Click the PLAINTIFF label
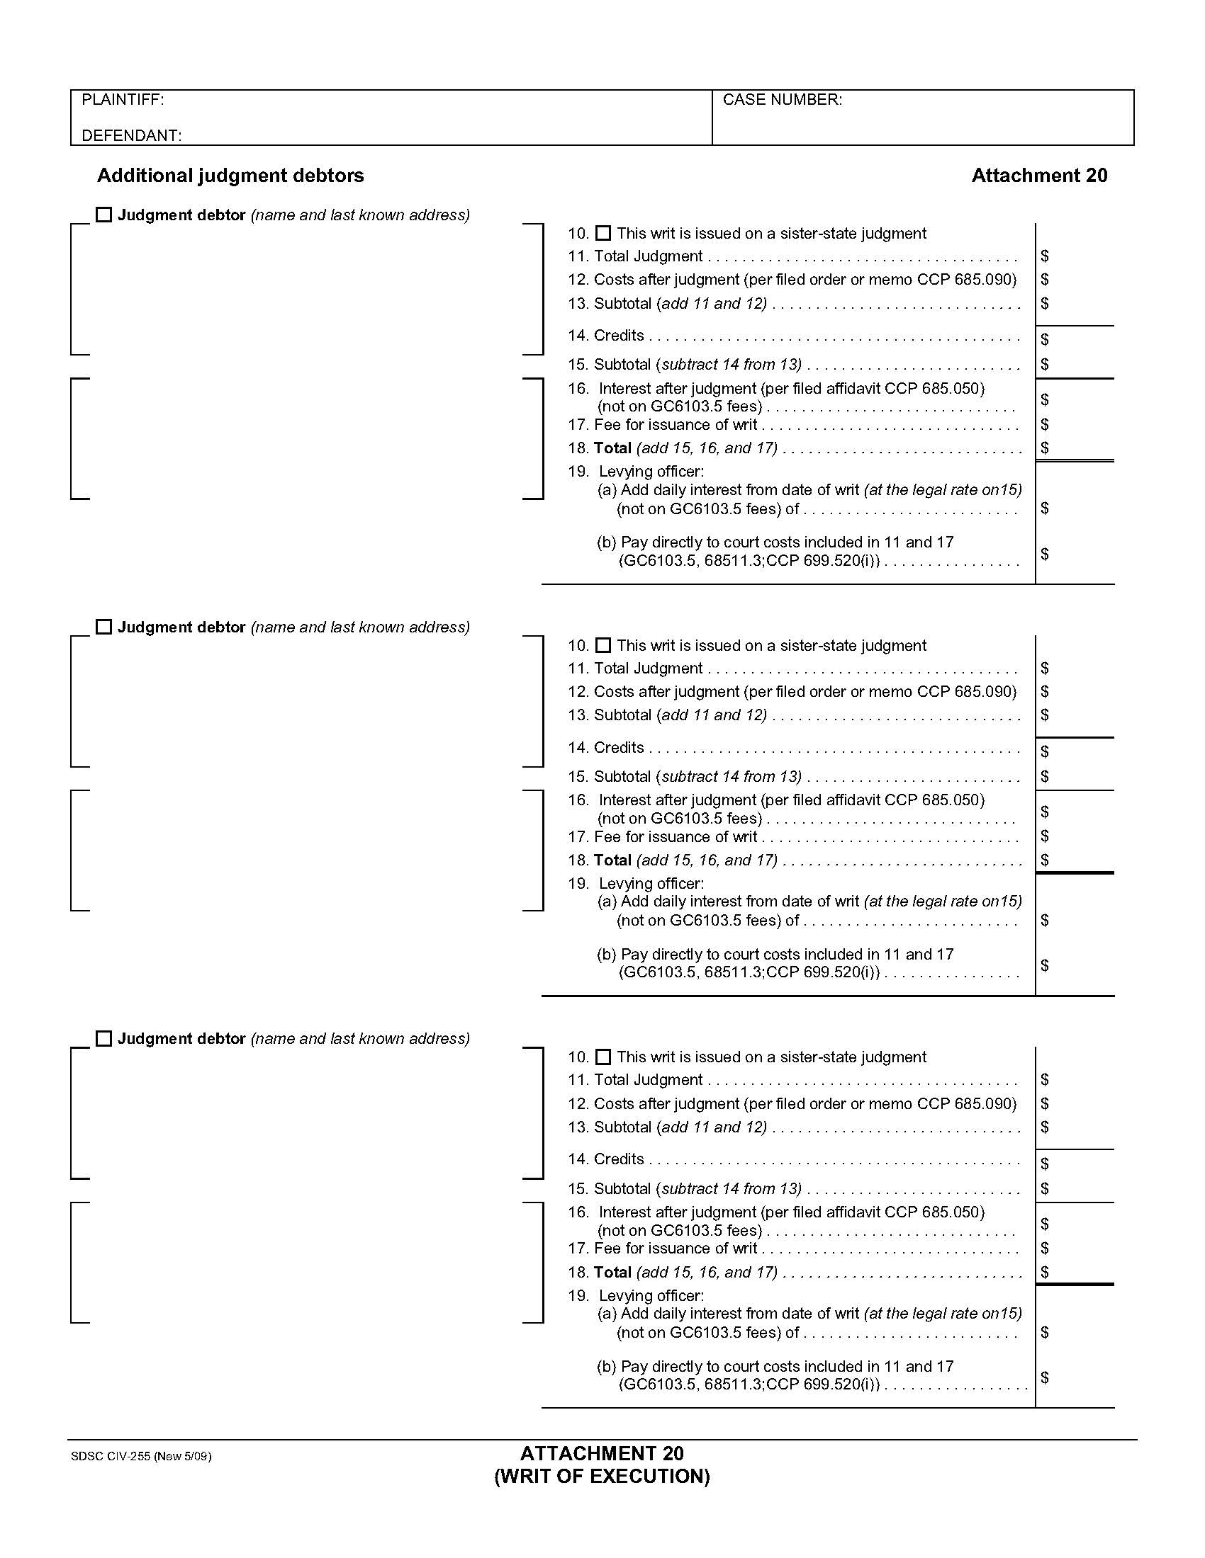click(x=123, y=100)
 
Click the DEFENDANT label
click(x=131, y=135)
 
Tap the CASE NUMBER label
click(x=782, y=100)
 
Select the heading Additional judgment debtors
click(x=230, y=176)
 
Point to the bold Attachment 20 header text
click(x=1038, y=176)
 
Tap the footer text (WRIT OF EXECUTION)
click(x=602, y=1476)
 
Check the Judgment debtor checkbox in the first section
click(x=104, y=215)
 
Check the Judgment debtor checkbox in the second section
click(x=104, y=627)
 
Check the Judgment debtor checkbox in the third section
click(x=104, y=1039)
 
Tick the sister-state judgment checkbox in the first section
click(x=603, y=233)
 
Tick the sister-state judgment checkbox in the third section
click(x=603, y=1057)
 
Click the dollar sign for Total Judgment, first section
click(x=1044, y=256)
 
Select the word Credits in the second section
click(x=618, y=748)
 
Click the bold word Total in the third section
click(x=612, y=1272)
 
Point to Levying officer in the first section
click(x=651, y=472)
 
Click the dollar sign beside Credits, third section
click(x=1044, y=1164)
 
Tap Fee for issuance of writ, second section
click(x=675, y=837)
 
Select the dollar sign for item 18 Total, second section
click(x=1044, y=860)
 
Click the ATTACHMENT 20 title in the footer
click(x=602, y=1453)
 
